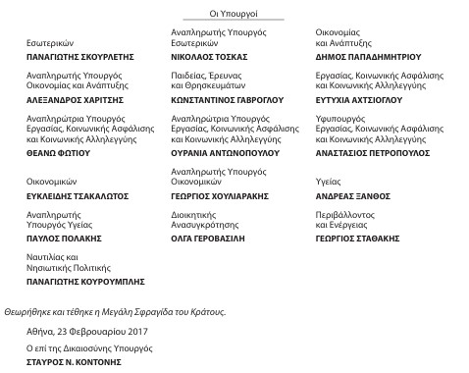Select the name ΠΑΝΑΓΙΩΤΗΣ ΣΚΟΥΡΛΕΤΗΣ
coord(78,58)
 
